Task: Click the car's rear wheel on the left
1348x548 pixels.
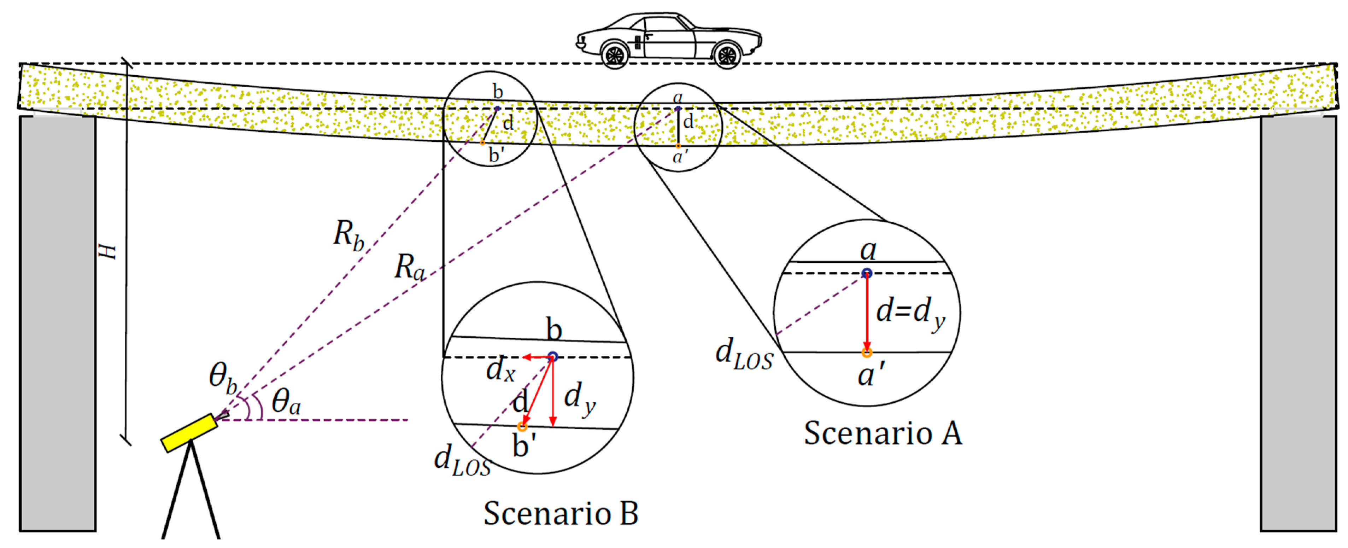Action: coord(615,54)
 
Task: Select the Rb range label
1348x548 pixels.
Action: coord(348,235)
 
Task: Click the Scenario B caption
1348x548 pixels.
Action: coord(561,513)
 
